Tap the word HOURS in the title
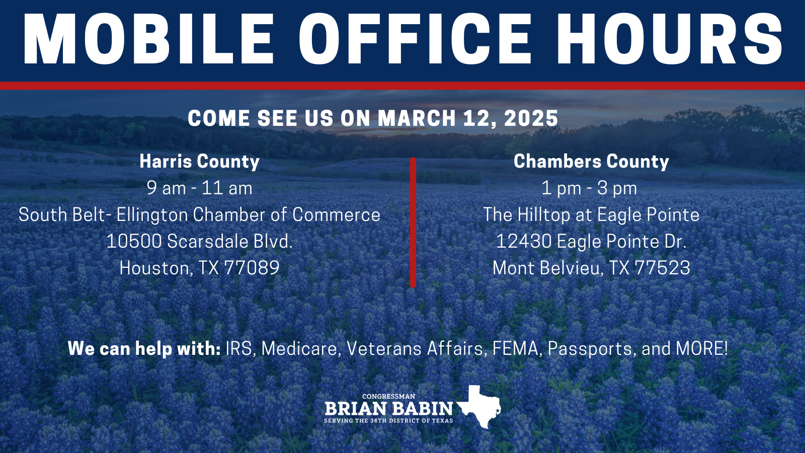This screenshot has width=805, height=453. tap(670, 38)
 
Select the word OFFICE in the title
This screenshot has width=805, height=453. tap(415, 38)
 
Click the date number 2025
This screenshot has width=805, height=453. tap(531, 118)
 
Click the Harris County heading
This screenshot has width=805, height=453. tap(199, 162)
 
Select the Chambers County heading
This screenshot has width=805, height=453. tap(591, 162)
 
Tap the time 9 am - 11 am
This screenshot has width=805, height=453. tap(199, 188)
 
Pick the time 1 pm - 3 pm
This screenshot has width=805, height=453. tap(589, 188)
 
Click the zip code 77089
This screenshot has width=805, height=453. tap(252, 268)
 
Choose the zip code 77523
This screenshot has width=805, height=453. tap(662, 268)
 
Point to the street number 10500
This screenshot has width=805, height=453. tap(134, 241)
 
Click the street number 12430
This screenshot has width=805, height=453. tap(524, 241)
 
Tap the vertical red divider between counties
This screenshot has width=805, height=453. tap(413, 222)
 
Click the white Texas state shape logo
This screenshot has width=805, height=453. tap(479, 407)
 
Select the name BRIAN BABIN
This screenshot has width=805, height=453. tap(389, 409)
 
